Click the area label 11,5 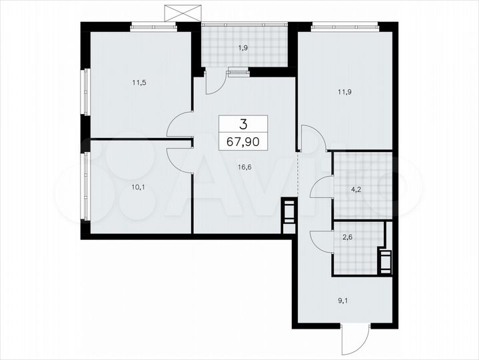click(x=139, y=83)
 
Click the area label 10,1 click(x=138, y=187)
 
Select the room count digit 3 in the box click(x=243, y=123)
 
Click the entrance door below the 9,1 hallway click(x=351, y=340)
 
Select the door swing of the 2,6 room click(x=322, y=241)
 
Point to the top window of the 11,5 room click(x=153, y=27)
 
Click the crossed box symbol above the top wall click(x=182, y=11)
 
